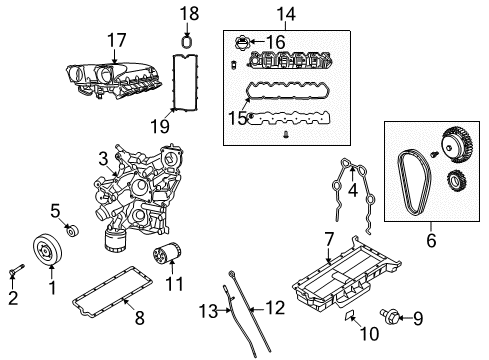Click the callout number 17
coord(117,39)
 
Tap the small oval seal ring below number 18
coord(186,42)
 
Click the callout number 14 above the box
coord(286,14)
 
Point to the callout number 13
coord(206,308)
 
